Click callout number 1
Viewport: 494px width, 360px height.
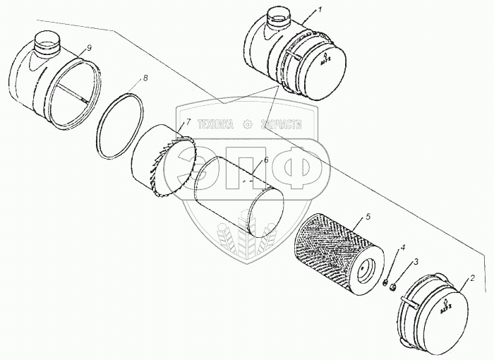coord(320,11)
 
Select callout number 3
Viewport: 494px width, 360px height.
coord(416,262)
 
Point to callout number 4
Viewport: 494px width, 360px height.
coord(403,248)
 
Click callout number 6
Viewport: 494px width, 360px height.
coord(265,160)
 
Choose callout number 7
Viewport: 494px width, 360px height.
coord(188,121)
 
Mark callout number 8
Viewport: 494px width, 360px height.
coord(145,78)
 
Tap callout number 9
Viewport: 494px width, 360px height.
coord(90,47)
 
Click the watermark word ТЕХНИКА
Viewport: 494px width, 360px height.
coord(215,124)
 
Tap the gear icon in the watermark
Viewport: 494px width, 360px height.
coord(247,124)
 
